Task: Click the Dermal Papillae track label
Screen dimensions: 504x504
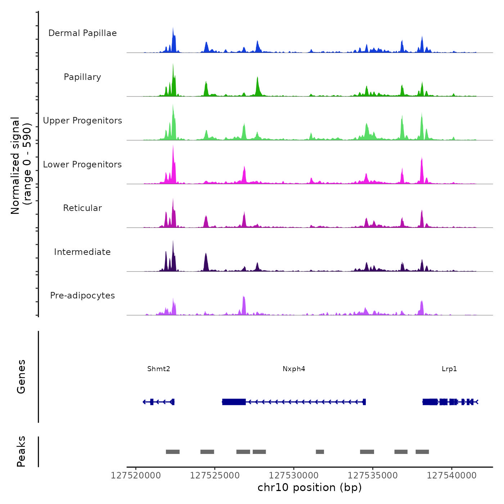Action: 82,33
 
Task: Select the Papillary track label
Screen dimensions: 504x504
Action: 82,77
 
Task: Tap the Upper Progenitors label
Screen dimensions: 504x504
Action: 82,121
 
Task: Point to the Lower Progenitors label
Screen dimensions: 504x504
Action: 82,165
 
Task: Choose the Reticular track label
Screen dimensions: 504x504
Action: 82,208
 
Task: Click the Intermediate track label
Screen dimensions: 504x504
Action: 82,252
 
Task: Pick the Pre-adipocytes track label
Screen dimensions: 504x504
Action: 82,296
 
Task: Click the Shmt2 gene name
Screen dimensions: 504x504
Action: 158,369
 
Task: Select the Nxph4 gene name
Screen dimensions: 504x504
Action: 294,369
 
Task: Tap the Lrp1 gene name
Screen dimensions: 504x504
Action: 449,369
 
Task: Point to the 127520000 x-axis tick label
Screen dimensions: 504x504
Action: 136,476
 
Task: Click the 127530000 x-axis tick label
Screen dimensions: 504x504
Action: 294,476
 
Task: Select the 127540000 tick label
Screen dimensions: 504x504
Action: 451,476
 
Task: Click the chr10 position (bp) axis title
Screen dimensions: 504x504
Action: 310,488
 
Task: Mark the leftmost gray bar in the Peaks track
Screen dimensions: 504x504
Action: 172,452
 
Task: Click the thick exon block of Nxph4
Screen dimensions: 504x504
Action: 234,402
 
